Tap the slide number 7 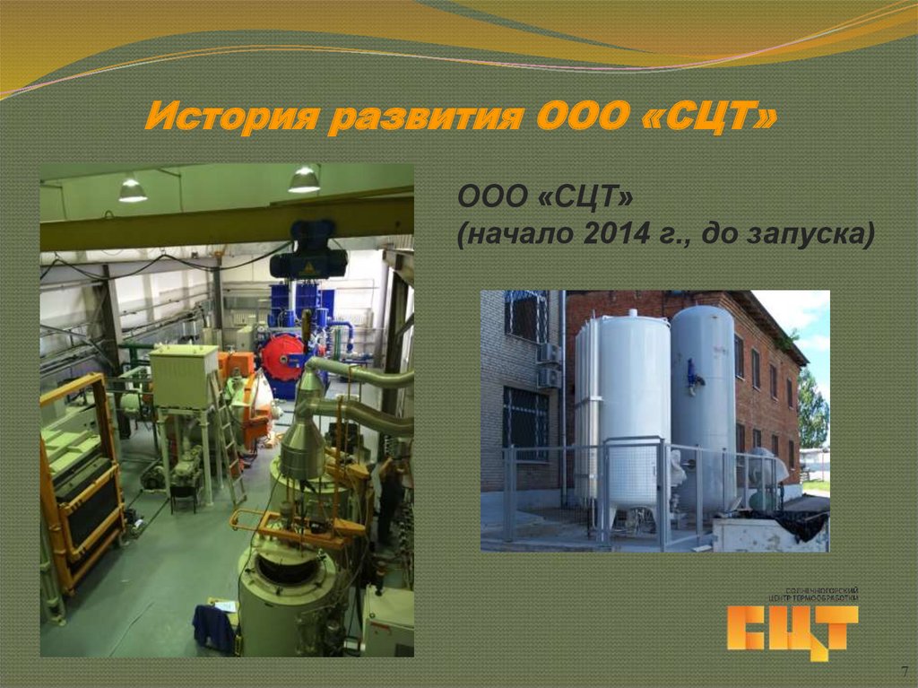(904, 672)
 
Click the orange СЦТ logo (792, 629)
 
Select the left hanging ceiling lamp (132, 189)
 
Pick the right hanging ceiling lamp (304, 179)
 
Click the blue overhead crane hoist (308, 251)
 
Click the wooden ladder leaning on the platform (228, 440)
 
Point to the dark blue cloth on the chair (214, 628)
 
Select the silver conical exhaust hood (303, 444)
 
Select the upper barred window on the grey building (525, 315)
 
